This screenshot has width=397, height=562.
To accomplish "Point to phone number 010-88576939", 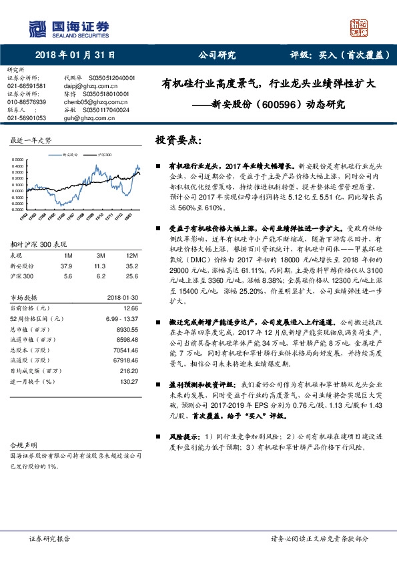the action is coord(26,101).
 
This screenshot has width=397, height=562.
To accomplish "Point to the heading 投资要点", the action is coord(177,141).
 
